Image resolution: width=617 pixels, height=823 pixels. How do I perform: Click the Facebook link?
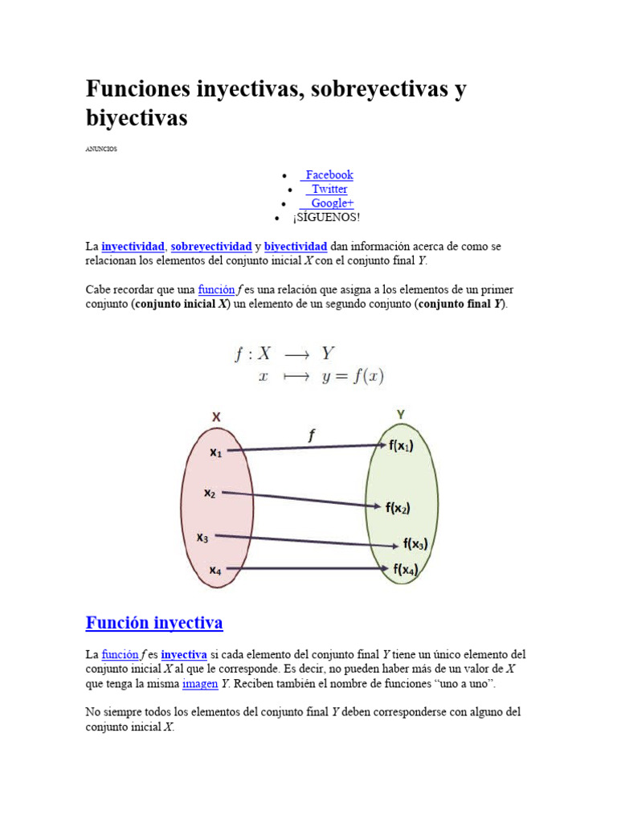point(329,174)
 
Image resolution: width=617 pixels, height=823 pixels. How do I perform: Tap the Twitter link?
point(329,189)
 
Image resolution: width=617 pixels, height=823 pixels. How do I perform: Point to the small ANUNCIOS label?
point(101,148)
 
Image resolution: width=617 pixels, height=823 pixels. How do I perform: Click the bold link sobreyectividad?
point(211,246)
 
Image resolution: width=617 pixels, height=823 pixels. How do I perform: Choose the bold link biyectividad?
point(296,246)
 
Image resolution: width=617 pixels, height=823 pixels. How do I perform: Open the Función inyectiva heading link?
point(154,623)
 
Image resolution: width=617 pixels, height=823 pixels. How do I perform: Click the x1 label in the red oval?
point(216,452)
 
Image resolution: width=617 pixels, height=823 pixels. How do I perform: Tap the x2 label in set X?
point(210,493)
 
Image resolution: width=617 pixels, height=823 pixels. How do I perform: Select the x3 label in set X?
point(203,537)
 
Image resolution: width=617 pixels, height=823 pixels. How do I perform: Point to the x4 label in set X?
point(215,571)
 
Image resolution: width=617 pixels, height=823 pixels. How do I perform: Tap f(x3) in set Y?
point(415,544)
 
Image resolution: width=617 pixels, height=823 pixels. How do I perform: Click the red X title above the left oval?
point(216,416)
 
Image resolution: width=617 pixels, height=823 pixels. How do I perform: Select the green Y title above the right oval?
point(400,414)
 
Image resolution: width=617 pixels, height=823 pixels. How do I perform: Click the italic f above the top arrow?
point(313,435)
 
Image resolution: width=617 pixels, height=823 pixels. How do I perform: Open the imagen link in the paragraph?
point(200,684)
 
